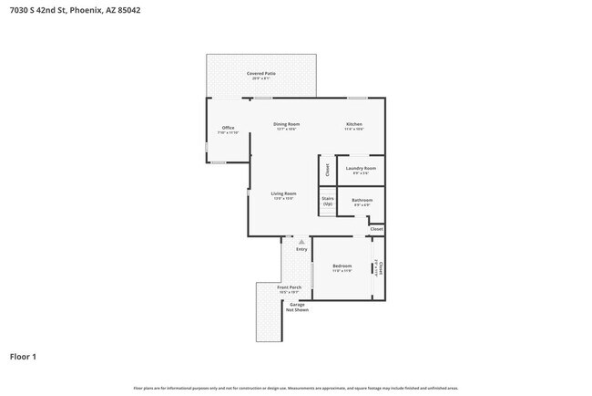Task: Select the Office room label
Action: click(x=229, y=130)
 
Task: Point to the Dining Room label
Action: click(x=287, y=126)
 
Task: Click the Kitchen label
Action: click(x=354, y=126)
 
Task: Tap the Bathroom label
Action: click(x=362, y=202)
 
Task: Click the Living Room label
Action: click(x=283, y=194)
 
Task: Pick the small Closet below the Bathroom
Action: click(x=376, y=228)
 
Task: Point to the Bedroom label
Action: click(x=342, y=268)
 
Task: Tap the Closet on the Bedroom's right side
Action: click(x=380, y=267)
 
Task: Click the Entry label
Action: click(x=301, y=249)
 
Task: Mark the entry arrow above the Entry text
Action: click(x=301, y=241)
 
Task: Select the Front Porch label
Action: click(x=290, y=289)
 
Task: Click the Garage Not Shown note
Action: click(x=297, y=307)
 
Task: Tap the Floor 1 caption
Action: click(x=23, y=356)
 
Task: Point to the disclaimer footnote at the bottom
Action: click(x=296, y=388)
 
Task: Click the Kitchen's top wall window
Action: click(x=357, y=98)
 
